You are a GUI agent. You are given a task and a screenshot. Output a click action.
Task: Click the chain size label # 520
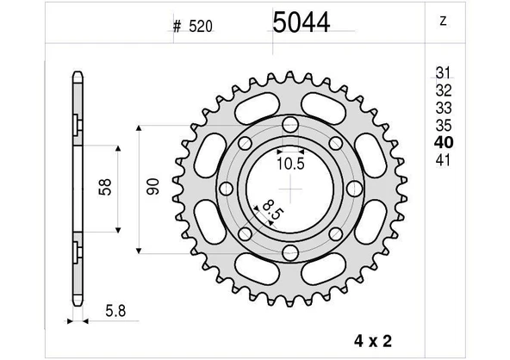[192, 26]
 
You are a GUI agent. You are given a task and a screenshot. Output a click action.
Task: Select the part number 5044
[302, 23]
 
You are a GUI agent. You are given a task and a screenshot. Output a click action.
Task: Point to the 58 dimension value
[103, 188]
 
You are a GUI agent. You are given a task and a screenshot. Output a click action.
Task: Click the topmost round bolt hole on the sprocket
[289, 126]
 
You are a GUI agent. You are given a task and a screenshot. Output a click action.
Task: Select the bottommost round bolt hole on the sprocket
[289, 252]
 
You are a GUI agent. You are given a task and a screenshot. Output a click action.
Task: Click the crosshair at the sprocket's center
[290, 189]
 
